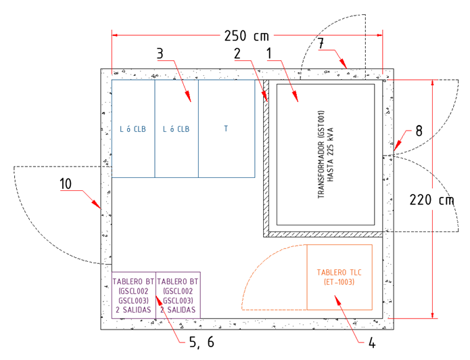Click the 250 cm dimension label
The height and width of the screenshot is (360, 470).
click(247, 36)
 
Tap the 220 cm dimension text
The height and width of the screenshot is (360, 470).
click(431, 200)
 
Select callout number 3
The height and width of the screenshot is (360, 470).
click(160, 53)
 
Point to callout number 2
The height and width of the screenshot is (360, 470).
click(237, 53)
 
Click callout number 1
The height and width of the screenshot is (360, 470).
click(269, 53)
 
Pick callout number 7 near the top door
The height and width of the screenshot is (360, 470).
click(321, 43)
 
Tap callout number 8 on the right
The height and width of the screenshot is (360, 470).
click(419, 131)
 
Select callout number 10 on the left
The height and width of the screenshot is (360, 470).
click(66, 184)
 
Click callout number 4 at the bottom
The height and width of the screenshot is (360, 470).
click(372, 342)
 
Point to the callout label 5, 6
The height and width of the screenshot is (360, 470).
click(202, 342)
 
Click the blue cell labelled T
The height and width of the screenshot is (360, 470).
click(227, 129)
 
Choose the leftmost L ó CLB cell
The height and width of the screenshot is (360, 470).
click(133, 129)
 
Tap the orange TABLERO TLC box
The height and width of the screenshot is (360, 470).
click(339, 277)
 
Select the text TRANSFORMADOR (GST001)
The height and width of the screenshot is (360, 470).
click(321, 154)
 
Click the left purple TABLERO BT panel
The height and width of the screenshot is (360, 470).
click(134, 295)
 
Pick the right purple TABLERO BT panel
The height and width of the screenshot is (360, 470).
click(178, 295)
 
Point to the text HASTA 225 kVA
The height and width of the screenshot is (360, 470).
click(330, 154)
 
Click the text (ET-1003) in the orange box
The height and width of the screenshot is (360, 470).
click(339, 282)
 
